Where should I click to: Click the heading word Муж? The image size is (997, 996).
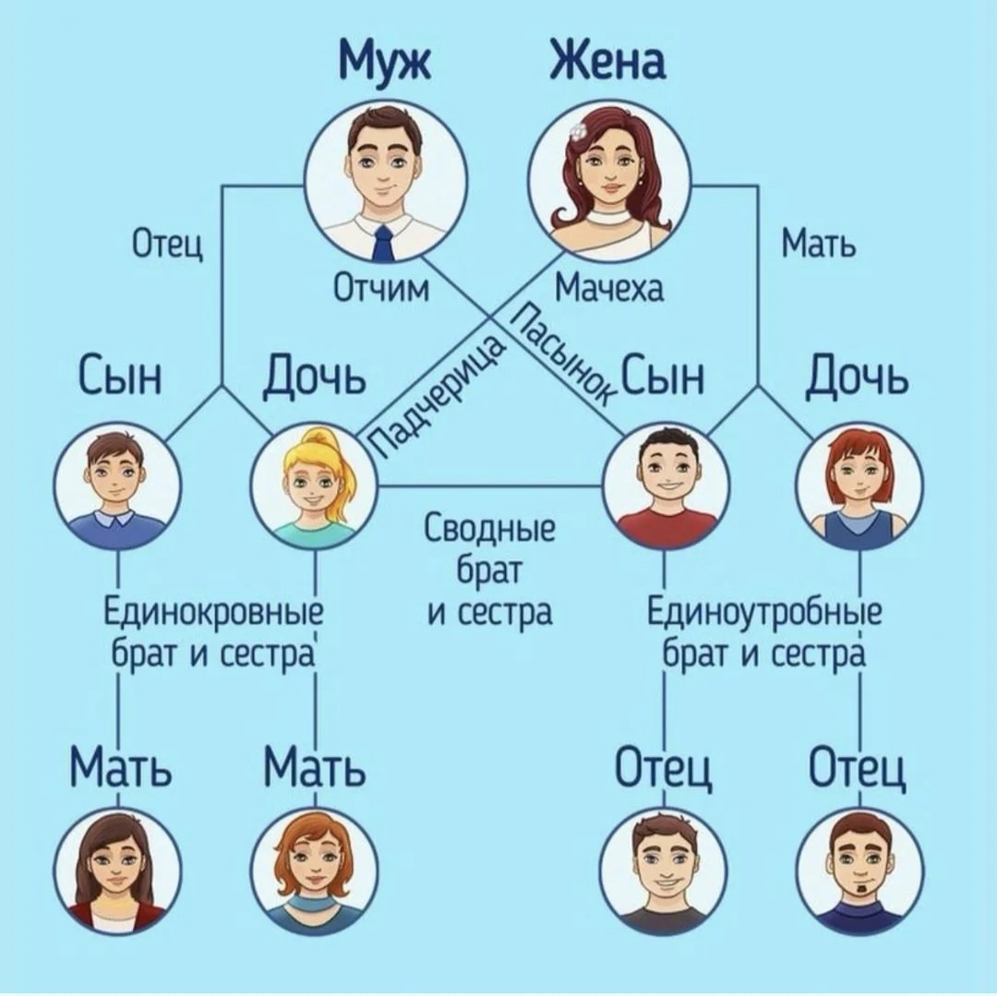[x=387, y=62]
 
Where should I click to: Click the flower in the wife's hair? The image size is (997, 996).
[x=578, y=132]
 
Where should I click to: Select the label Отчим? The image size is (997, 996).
[x=380, y=289]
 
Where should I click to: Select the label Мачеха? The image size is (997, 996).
[x=608, y=289]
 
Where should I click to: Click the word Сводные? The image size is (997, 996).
[x=489, y=532]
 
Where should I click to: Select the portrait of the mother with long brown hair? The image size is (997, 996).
[x=117, y=870]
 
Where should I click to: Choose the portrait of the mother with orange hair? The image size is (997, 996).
[x=314, y=870]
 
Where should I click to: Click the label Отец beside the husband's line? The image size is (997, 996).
[x=168, y=246]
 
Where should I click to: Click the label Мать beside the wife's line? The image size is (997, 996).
[x=818, y=246]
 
